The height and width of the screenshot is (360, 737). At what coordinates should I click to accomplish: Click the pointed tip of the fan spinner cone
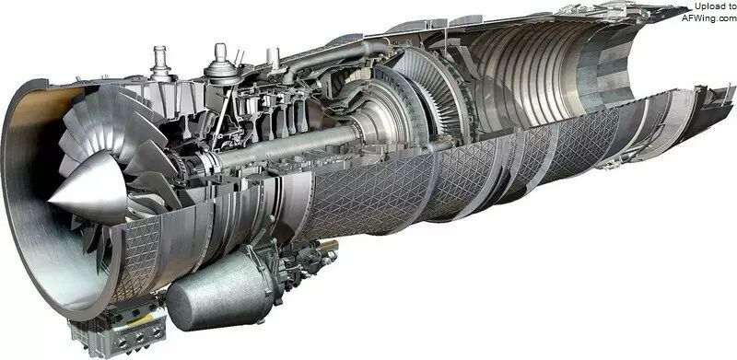(x=50, y=200)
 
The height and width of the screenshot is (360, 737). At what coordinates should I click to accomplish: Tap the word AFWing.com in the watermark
(x=709, y=17)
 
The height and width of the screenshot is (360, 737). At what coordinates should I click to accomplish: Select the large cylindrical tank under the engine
(x=221, y=289)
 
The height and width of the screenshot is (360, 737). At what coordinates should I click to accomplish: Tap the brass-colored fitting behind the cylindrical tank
(x=329, y=245)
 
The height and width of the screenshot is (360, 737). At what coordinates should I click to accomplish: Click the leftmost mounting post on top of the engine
(x=160, y=64)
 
